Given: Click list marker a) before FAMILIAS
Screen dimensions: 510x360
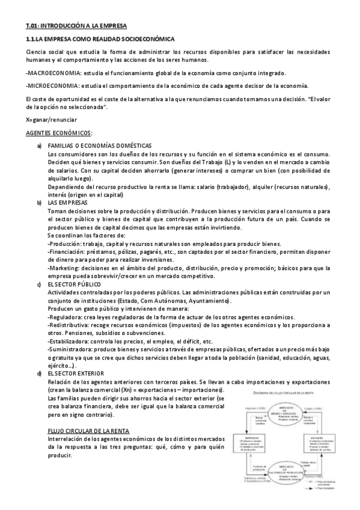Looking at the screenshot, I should click(x=39, y=146).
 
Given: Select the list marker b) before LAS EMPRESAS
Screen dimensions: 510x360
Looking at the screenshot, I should click(x=39, y=203).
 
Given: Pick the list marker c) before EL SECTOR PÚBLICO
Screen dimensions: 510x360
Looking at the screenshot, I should click(x=39, y=283).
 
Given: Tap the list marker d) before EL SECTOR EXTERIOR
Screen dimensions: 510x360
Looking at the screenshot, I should click(x=39, y=373).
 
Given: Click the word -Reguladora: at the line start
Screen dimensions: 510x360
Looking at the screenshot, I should click(x=66, y=316).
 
